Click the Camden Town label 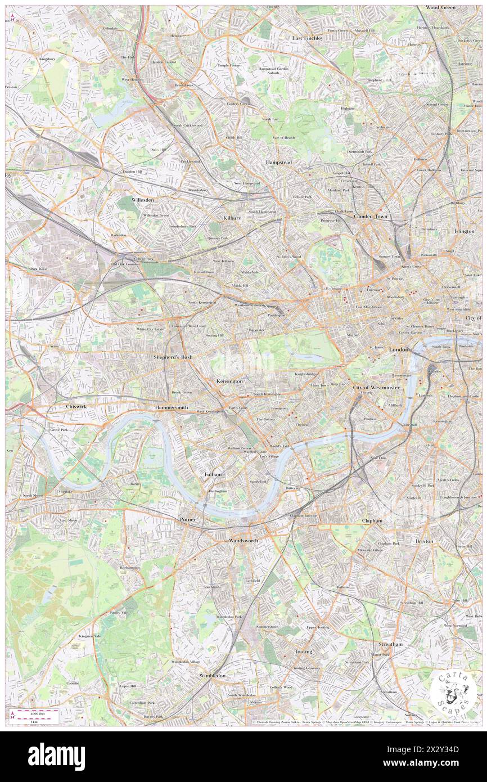click(x=371, y=216)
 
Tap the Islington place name click(x=464, y=231)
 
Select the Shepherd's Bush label click(x=174, y=357)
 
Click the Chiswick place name click(x=75, y=406)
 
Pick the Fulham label click(x=213, y=474)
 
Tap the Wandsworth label click(x=243, y=540)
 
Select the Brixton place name click(x=424, y=541)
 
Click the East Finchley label click(x=307, y=38)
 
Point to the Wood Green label click(x=440, y=7)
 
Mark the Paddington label click(x=276, y=315)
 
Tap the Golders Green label click(x=238, y=104)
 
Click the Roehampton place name click(x=129, y=568)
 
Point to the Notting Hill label click(x=214, y=335)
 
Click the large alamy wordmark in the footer click(x=56, y=757)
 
